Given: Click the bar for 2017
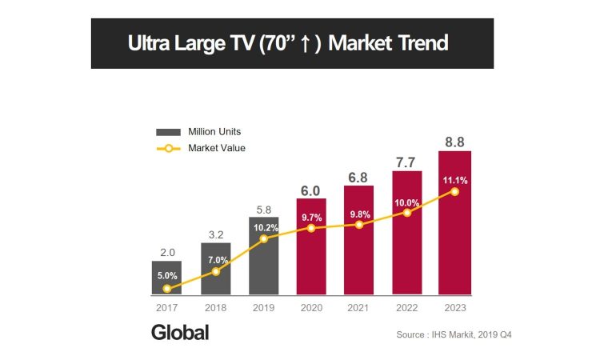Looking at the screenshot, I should (x=166, y=278).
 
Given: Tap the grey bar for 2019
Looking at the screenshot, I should (x=262, y=256).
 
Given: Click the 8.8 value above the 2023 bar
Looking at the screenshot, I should (x=454, y=142).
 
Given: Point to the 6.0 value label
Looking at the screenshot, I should (x=310, y=190).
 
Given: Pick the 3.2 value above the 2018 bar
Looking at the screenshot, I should (x=214, y=235).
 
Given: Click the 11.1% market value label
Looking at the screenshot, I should (x=454, y=181).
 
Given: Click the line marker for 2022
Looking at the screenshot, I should (x=407, y=213).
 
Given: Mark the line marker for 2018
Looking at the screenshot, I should (x=214, y=272).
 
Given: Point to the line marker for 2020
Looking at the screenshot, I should (x=310, y=228).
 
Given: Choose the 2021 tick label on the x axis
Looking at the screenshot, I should (x=358, y=306).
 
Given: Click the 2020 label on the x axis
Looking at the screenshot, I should (x=310, y=306).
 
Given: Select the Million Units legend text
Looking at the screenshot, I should (x=214, y=131).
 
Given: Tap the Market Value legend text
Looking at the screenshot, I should (x=216, y=148).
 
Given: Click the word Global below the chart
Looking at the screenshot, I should (x=180, y=333).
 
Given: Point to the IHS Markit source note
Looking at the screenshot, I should (x=453, y=334).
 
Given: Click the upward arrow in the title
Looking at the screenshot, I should (x=306, y=43).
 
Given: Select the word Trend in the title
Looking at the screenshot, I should (x=420, y=42).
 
